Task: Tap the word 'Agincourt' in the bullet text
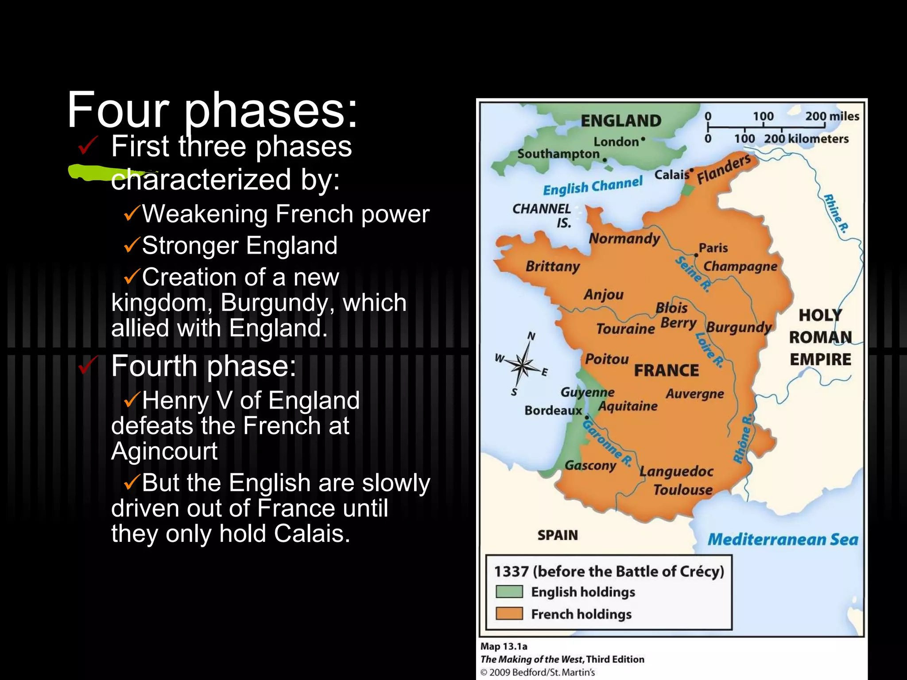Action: click(164, 451)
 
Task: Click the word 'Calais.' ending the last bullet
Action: click(312, 533)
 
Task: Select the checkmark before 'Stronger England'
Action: click(132, 245)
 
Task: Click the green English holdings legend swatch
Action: click(509, 591)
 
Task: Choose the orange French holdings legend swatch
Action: click(509, 614)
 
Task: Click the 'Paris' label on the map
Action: click(713, 248)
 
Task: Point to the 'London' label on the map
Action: click(616, 142)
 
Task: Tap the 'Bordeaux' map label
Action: click(553, 411)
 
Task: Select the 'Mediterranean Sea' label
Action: click(783, 539)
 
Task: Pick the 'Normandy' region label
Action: click(624, 239)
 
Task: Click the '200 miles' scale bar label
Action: click(832, 116)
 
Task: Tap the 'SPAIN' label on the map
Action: click(558, 535)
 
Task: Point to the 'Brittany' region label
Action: click(553, 267)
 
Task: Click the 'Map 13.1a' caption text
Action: click(504, 646)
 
